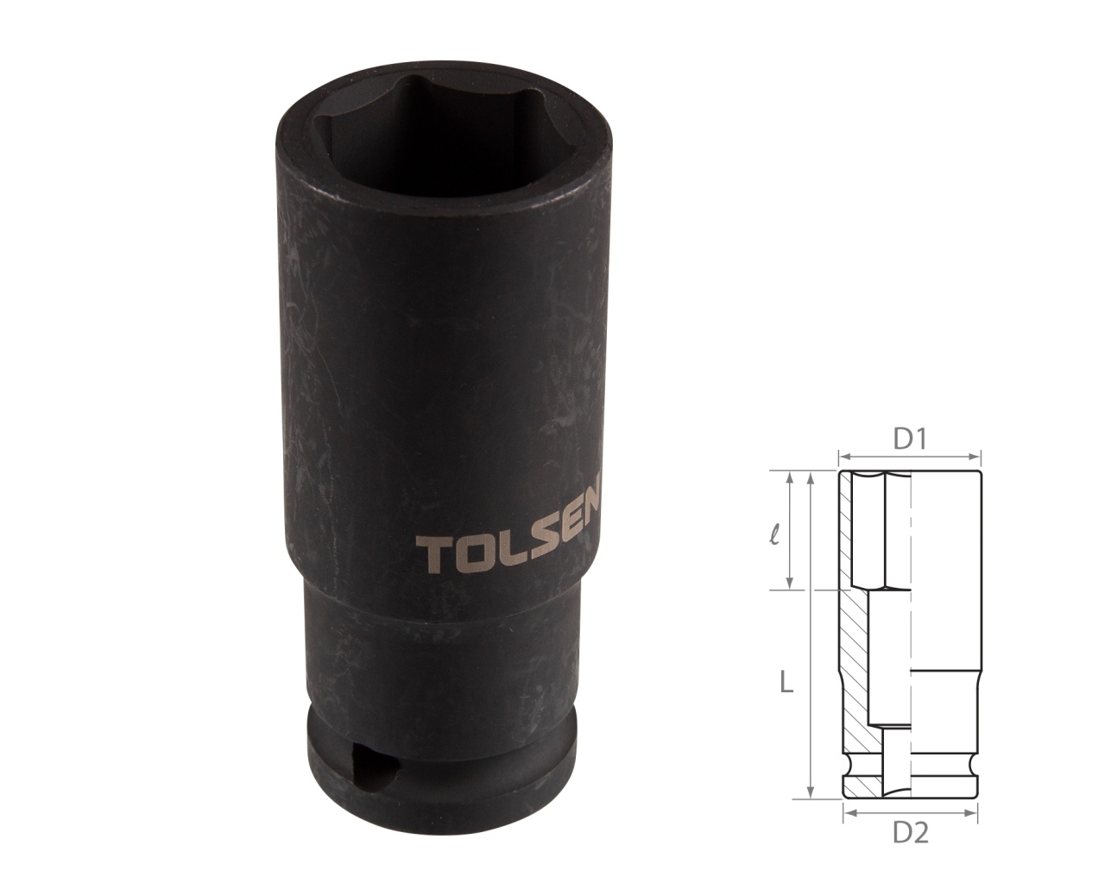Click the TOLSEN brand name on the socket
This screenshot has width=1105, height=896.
pos(512,544)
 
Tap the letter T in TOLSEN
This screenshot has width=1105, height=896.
pos(431,558)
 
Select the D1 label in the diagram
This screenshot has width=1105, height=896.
pos(909,440)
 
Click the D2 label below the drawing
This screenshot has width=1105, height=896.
pos(910,834)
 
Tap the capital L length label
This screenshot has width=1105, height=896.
pos(785,684)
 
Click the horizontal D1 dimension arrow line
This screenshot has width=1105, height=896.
pos(910,457)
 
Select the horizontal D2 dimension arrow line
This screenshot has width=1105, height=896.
pos(910,812)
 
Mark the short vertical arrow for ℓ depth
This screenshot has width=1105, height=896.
pos(790,531)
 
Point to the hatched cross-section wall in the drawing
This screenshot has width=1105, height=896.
pos(855,656)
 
